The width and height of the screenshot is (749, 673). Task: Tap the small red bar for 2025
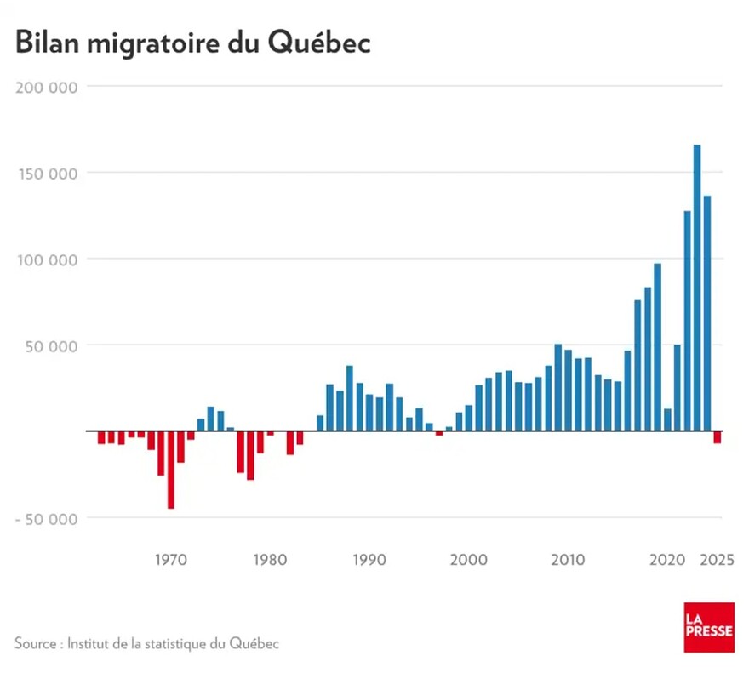pos(718,437)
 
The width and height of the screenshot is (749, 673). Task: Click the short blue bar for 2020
pos(667,420)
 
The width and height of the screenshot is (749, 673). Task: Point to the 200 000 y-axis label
pos(46,87)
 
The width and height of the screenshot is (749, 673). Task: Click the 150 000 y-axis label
pos(46,173)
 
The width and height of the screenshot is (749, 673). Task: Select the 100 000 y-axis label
pos(46,259)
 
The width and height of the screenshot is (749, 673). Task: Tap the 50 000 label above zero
pos(50,345)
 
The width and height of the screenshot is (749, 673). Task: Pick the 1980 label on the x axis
pos(269,560)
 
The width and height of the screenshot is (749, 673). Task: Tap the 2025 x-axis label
pos(716,560)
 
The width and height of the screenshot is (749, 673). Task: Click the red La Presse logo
pos(708,628)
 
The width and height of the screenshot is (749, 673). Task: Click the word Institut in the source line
pos(90,642)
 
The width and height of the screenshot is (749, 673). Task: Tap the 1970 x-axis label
pos(170,560)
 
